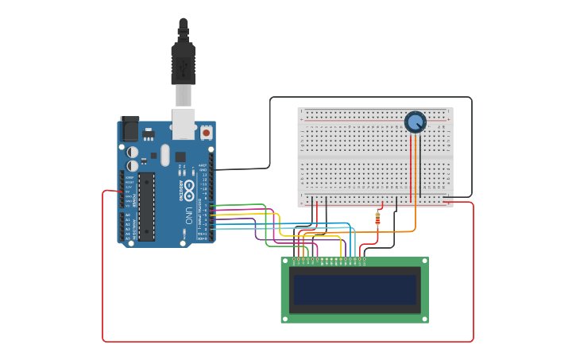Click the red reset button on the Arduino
[x=207, y=133]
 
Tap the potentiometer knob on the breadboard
[x=415, y=122]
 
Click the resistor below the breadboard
[x=377, y=217]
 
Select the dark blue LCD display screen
[x=354, y=289]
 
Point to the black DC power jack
[x=129, y=130]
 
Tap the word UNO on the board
[x=188, y=215]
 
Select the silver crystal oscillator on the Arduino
[x=165, y=154]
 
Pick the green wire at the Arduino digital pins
[x=238, y=205]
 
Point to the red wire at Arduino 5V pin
[x=111, y=191]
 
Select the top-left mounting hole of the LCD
[x=285, y=261]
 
